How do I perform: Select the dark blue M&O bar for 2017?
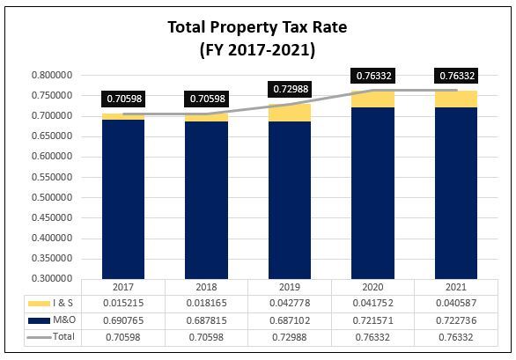123,198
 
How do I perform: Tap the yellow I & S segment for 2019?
290,112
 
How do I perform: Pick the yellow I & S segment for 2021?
456,99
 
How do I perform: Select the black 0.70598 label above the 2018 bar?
207,98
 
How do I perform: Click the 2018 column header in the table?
207,287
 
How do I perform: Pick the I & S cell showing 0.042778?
290,304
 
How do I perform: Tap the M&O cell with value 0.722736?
456,320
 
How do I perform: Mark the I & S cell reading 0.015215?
123,304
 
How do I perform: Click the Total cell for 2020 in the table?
373,335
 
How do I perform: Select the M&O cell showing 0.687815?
207,320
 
